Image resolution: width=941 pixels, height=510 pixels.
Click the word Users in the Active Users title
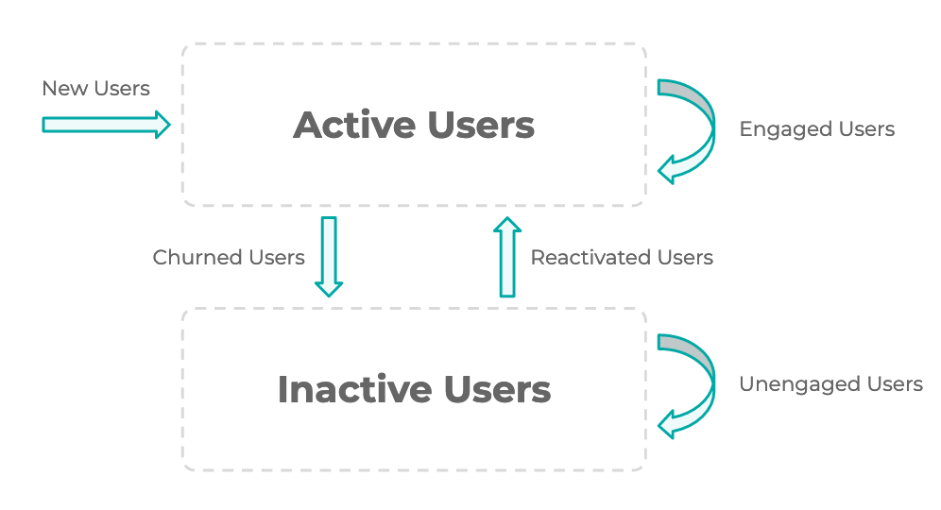tap(481, 125)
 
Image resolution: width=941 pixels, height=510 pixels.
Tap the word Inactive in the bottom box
tap(354, 389)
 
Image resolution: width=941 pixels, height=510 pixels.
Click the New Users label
tap(96, 88)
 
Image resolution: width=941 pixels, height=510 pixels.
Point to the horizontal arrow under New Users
tap(106, 125)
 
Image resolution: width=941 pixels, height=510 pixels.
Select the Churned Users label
tap(229, 258)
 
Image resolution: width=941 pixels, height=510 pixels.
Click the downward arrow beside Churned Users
tap(329, 257)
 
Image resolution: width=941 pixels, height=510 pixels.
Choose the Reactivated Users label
tap(622, 258)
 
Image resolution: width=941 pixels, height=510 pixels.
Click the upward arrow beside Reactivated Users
tap(507, 257)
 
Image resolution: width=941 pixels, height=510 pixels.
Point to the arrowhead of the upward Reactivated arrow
tap(507, 225)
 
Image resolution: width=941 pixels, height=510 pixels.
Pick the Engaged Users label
tap(817, 129)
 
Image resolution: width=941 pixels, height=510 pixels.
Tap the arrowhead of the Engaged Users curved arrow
tap(666, 170)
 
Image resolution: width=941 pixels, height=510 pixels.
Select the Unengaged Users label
tap(830, 384)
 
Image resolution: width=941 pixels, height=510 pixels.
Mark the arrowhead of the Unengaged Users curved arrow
tap(666, 425)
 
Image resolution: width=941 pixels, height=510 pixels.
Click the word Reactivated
tap(591, 258)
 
